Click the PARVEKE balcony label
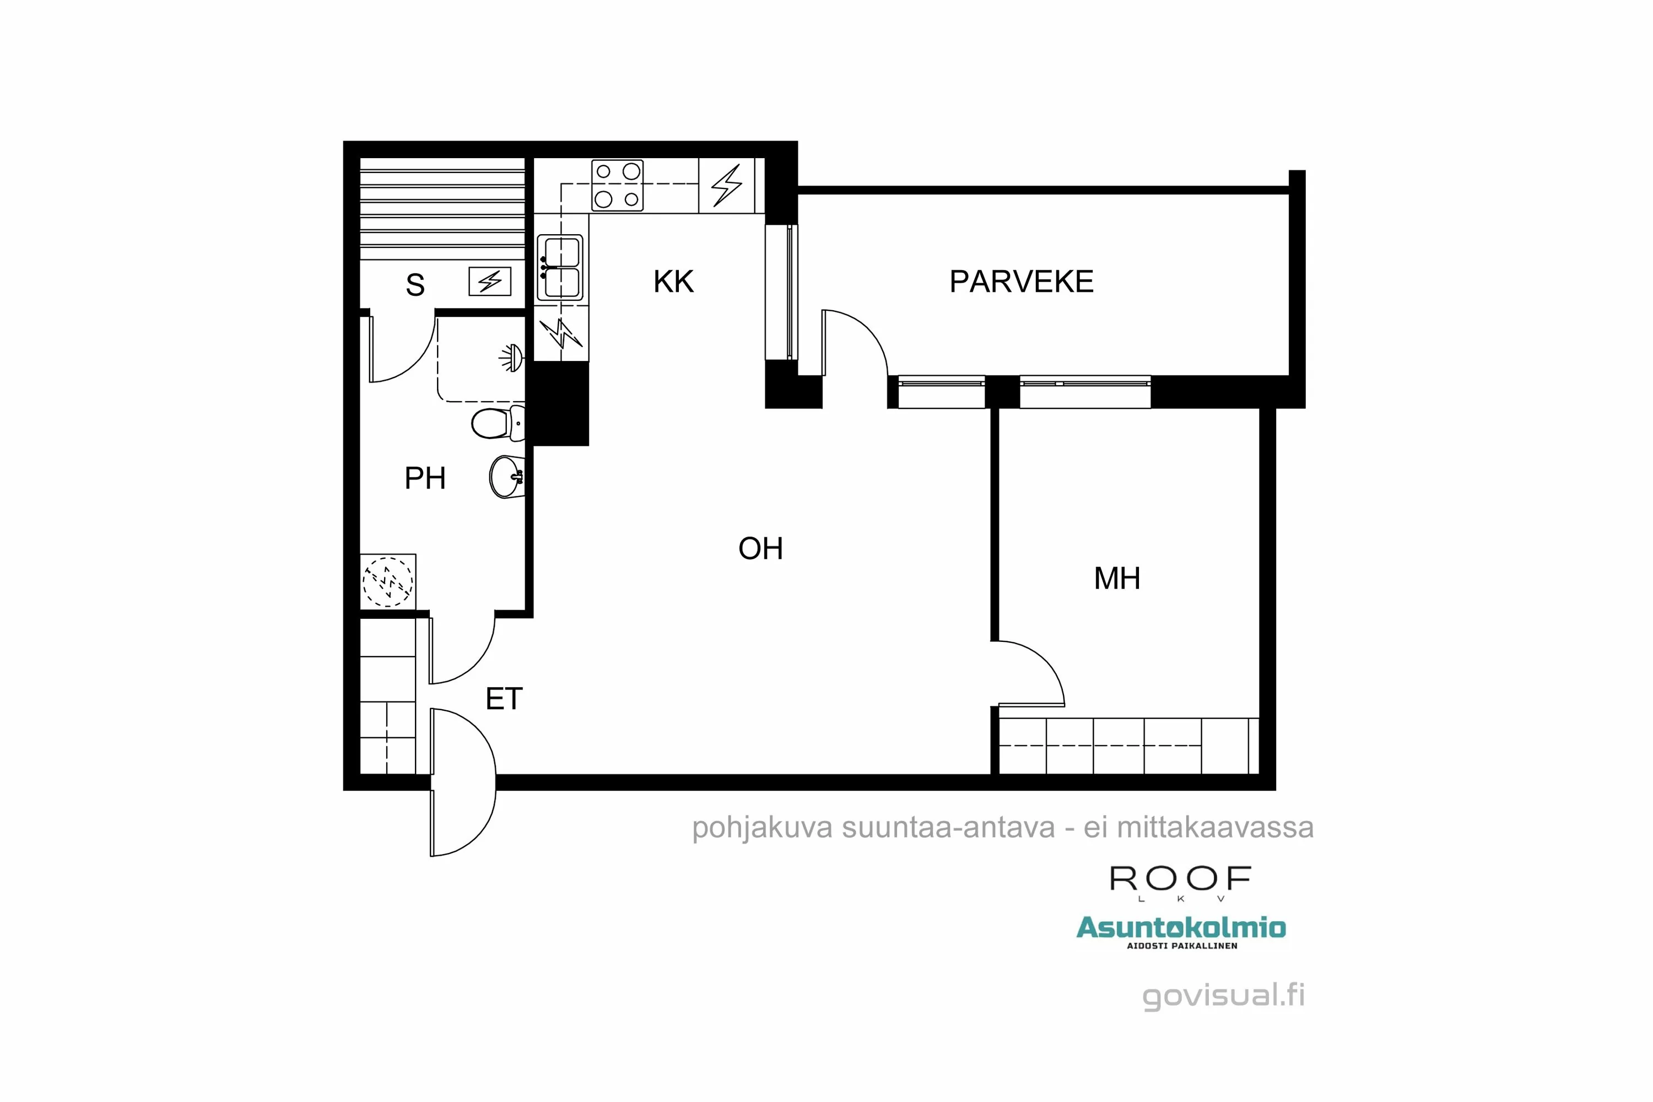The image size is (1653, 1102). click(x=1020, y=282)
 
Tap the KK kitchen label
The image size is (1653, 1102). click(x=673, y=282)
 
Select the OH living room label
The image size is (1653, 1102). click(x=760, y=549)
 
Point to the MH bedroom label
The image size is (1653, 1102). click(x=1116, y=579)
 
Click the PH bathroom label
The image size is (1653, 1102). click(x=424, y=479)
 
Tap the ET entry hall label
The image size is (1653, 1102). click(x=504, y=699)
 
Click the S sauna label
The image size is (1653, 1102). click(x=415, y=285)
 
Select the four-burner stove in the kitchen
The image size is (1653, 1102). click(x=617, y=186)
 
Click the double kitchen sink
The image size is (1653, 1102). click(x=560, y=268)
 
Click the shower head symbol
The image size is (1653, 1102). click(x=512, y=358)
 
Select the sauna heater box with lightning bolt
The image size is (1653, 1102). click(x=490, y=282)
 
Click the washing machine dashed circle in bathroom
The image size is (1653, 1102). click(x=387, y=581)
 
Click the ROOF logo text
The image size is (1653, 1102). click(x=1180, y=879)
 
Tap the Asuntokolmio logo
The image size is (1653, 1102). click(x=1181, y=928)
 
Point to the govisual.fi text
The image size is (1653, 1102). click(x=1223, y=995)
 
